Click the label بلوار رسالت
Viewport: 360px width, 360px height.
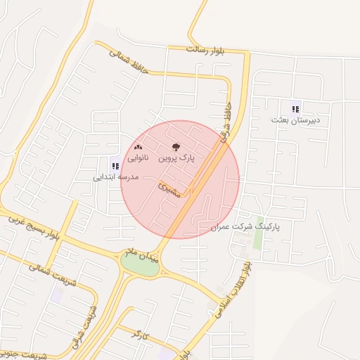(205, 50)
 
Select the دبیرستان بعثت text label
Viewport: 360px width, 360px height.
(295, 120)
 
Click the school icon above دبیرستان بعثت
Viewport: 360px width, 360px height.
(295, 108)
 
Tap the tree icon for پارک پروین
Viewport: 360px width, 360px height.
(176, 147)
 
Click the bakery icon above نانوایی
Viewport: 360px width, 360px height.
(138, 147)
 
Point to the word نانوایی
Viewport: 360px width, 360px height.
(138, 159)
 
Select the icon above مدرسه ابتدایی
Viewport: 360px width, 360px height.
(115, 166)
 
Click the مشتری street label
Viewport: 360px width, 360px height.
(169, 189)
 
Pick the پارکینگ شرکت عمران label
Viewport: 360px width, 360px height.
(245, 228)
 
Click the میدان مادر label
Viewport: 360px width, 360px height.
(140, 252)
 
